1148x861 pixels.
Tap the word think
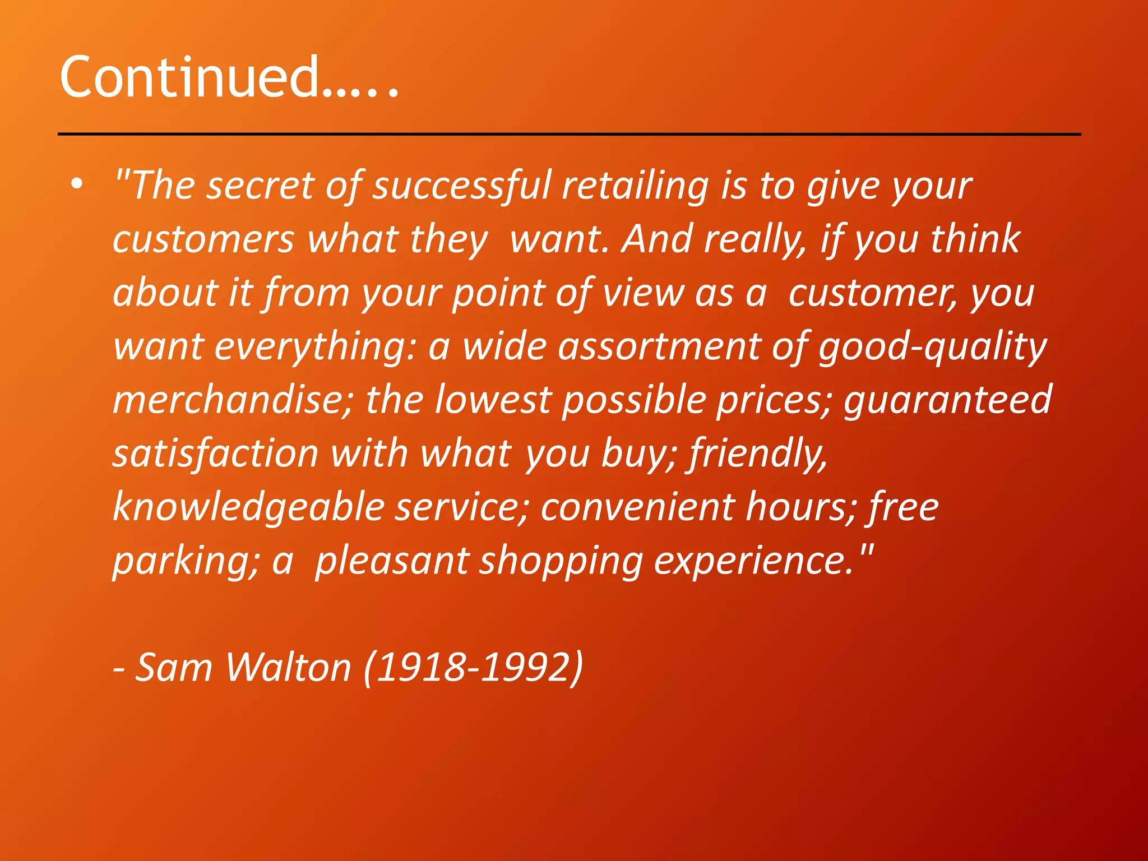[975, 239]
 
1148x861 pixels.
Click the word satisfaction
[216, 453]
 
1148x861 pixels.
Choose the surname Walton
[288, 667]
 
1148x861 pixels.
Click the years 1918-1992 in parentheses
[474, 667]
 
